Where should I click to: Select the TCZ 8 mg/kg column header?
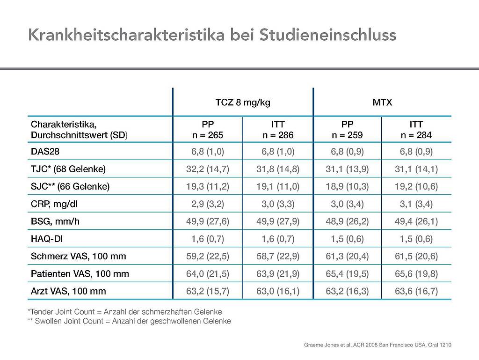click(243, 103)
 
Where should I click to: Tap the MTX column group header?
click(382, 102)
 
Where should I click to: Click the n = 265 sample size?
click(208, 135)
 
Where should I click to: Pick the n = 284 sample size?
click(416, 135)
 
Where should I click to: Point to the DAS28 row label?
click(45, 152)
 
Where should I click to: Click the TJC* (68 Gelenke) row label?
click(68, 169)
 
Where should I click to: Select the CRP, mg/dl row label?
click(54, 204)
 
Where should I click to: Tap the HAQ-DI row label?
click(47, 239)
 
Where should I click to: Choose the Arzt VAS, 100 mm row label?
click(68, 291)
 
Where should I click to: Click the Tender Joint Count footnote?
click(124, 312)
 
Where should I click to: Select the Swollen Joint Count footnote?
click(129, 321)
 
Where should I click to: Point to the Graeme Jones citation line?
click(377, 345)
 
